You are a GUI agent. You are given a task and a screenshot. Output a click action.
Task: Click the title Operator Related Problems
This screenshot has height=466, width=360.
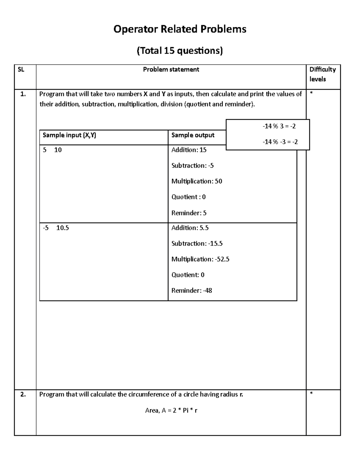pyautogui.click(x=180, y=29)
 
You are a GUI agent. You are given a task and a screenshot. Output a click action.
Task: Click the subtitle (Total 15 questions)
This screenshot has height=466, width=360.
pyautogui.click(x=180, y=51)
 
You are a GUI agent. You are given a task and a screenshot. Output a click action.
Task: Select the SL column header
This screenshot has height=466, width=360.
pyautogui.click(x=21, y=70)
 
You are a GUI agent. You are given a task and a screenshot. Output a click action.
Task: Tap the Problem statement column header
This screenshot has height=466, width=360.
pyautogui.click(x=171, y=70)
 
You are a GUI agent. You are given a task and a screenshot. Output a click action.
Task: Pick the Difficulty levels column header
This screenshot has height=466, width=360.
pyautogui.click(x=322, y=74)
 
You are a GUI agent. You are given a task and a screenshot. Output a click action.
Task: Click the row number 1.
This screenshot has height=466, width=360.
pyautogui.click(x=23, y=94)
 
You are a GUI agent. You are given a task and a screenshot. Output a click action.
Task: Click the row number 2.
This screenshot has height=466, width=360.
pyautogui.click(x=23, y=395)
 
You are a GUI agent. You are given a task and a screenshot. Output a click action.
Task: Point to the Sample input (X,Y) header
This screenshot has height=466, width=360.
pyautogui.click(x=69, y=135)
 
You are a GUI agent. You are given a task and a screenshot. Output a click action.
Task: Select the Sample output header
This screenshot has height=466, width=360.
pyautogui.click(x=193, y=135)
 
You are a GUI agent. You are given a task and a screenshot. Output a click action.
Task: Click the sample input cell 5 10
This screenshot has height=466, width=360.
pyautogui.click(x=52, y=150)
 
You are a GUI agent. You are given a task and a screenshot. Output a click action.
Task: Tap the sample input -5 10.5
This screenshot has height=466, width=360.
pyautogui.click(x=56, y=228)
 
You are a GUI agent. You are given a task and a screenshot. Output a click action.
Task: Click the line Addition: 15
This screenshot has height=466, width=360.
pyautogui.click(x=189, y=150)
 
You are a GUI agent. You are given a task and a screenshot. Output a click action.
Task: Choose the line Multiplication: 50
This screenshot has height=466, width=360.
pyautogui.click(x=196, y=181)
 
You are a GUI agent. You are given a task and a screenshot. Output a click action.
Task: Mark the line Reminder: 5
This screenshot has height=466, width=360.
pyautogui.click(x=189, y=213)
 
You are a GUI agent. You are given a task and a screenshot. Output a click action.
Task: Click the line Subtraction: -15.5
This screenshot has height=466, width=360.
pyautogui.click(x=197, y=244)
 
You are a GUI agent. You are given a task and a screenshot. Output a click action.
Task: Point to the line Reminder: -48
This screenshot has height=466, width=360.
pyautogui.click(x=191, y=290)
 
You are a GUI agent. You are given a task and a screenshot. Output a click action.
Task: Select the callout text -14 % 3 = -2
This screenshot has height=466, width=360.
pyautogui.click(x=279, y=126)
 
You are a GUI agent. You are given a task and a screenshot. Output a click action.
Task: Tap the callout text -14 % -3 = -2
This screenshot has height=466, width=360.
pyautogui.click(x=280, y=142)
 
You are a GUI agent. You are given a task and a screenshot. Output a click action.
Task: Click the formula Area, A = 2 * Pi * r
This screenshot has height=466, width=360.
pyautogui.click(x=171, y=410)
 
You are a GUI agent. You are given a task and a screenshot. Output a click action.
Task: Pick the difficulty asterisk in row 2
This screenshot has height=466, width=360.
pyautogui.click(x=311, y=394)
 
